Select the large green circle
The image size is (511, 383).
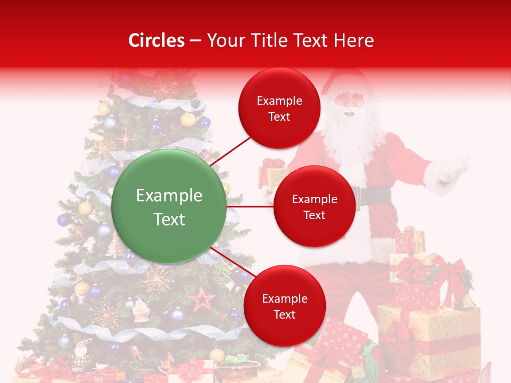click(169, 206)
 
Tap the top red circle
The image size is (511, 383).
click(279, 108)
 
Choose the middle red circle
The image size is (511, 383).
click(314, 206)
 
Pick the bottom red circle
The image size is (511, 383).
click(284, 306)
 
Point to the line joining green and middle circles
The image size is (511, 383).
click(250, 206)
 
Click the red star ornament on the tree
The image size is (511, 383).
click(202, 299)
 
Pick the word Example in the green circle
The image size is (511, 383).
click(169, 196)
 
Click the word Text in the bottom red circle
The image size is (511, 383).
click(284, 314)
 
